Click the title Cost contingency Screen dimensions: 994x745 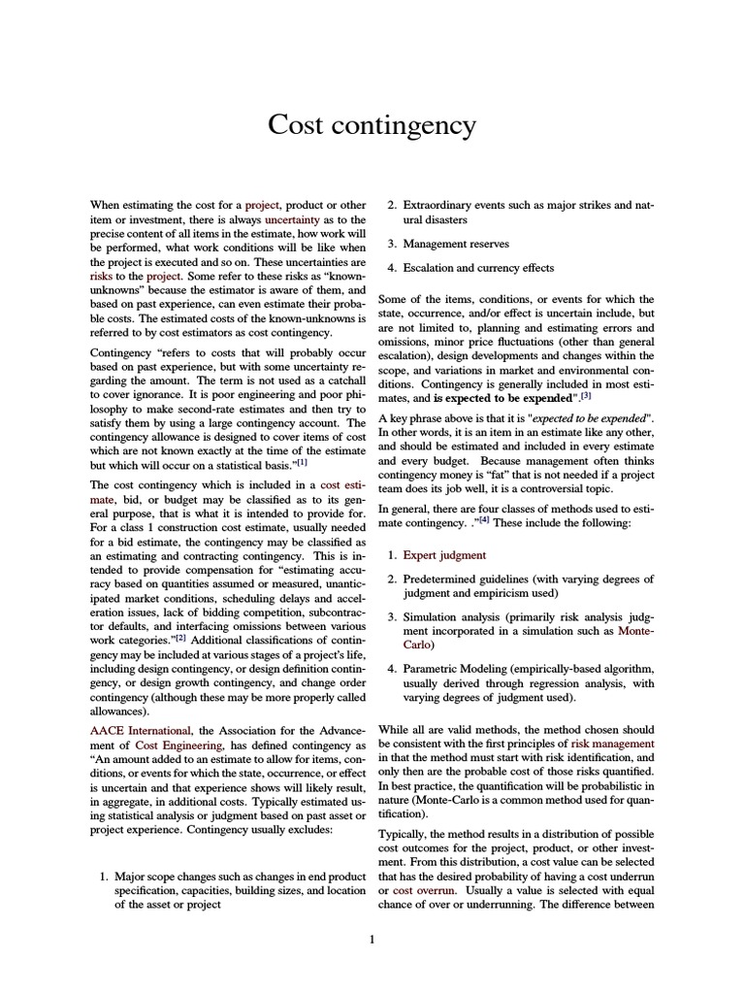372,125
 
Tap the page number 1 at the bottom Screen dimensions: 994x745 372,939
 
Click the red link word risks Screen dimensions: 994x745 102,276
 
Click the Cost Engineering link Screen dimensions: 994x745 154,745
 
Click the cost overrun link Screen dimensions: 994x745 420,890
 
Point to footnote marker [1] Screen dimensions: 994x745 301,462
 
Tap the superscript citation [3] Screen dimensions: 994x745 586,396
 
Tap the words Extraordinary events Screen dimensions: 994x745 456,206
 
